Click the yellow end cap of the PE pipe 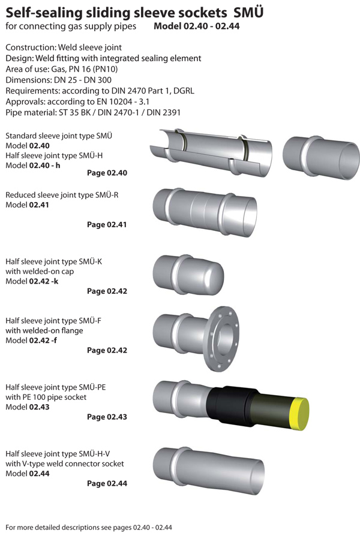300,414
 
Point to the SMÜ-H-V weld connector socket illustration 208,471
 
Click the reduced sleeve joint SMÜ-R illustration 205,212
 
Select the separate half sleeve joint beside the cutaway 320,157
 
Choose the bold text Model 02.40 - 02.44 197,26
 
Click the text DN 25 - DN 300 83,80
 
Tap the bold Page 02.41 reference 107,224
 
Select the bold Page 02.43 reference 107,417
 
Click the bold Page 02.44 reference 107,483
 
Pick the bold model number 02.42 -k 44,281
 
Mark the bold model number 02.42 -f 43,341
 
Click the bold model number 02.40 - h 44,165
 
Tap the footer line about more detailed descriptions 89,527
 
